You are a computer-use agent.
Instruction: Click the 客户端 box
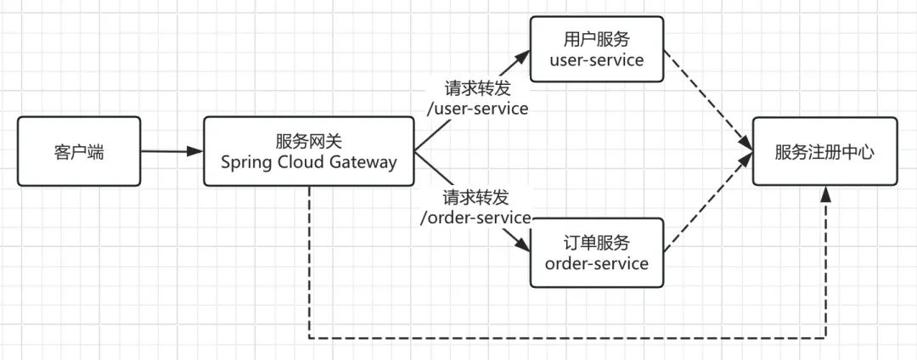[78, 153]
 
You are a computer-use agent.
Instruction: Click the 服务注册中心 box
[824, 153]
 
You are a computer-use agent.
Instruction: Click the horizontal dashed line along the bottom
[560, 338]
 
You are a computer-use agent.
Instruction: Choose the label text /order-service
[475, 217]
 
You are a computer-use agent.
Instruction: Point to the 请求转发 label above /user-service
[477, 88]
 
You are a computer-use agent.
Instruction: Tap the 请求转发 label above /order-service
[475, 197]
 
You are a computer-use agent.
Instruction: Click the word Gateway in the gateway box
[361, 162]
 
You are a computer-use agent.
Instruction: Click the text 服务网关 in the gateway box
[308, 141]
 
